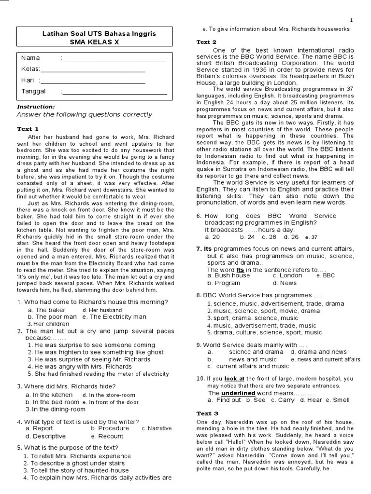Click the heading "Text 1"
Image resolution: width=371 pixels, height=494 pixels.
point(28,129)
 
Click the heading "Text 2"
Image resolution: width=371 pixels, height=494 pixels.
point(206,42)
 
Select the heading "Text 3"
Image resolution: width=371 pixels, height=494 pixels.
point(207,413)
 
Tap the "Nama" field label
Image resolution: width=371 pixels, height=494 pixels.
point(30,58)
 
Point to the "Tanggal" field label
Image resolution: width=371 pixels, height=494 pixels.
point(33,91)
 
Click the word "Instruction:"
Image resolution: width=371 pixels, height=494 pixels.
point(36,107)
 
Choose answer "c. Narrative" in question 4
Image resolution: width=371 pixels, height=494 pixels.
point(157,428)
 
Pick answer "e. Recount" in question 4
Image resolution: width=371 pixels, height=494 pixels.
point(107,436)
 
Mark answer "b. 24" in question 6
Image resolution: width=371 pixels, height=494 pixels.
point(247,237)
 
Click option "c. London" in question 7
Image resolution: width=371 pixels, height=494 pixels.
point(287,275)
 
